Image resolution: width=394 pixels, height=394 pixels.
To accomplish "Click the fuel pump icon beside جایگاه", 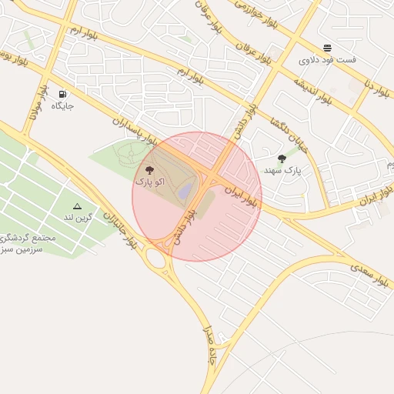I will click(x=62, y=94).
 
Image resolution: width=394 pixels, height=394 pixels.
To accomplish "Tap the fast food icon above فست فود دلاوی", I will click(x=328, y=48).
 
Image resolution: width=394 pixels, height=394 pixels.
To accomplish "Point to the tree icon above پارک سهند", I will click(x=282, y=159).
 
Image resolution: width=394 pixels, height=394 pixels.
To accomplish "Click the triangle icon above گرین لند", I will click(x=77, y=206).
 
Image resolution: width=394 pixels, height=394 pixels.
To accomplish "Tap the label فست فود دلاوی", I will click(x=316, y=59).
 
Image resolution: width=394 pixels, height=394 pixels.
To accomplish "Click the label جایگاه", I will click(x=62, y=105).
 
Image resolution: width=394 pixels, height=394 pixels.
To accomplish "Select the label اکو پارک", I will click(x=150, y=182).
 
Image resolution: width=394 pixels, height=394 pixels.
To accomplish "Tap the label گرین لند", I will click(x=78, y=218).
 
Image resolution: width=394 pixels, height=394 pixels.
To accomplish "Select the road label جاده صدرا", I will click(x=209, y=346).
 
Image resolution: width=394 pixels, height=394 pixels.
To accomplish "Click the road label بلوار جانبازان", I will click(x=123, y=229).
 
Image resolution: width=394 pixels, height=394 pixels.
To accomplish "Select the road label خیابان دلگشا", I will click(x=285, y=135).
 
